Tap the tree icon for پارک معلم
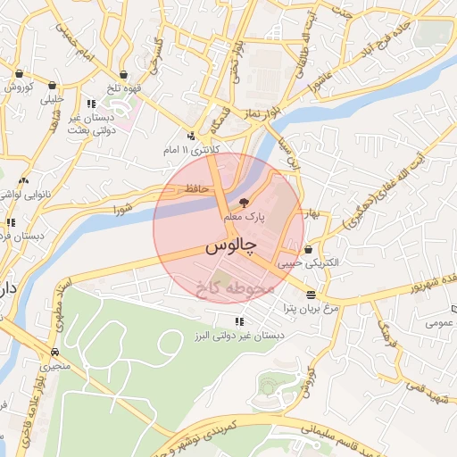click(245, 203)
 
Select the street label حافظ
click(197, 188)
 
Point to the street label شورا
click(122, 210)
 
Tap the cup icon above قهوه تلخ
click(123, 74)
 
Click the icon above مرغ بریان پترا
click(311, 295)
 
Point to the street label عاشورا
click(320, 84)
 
